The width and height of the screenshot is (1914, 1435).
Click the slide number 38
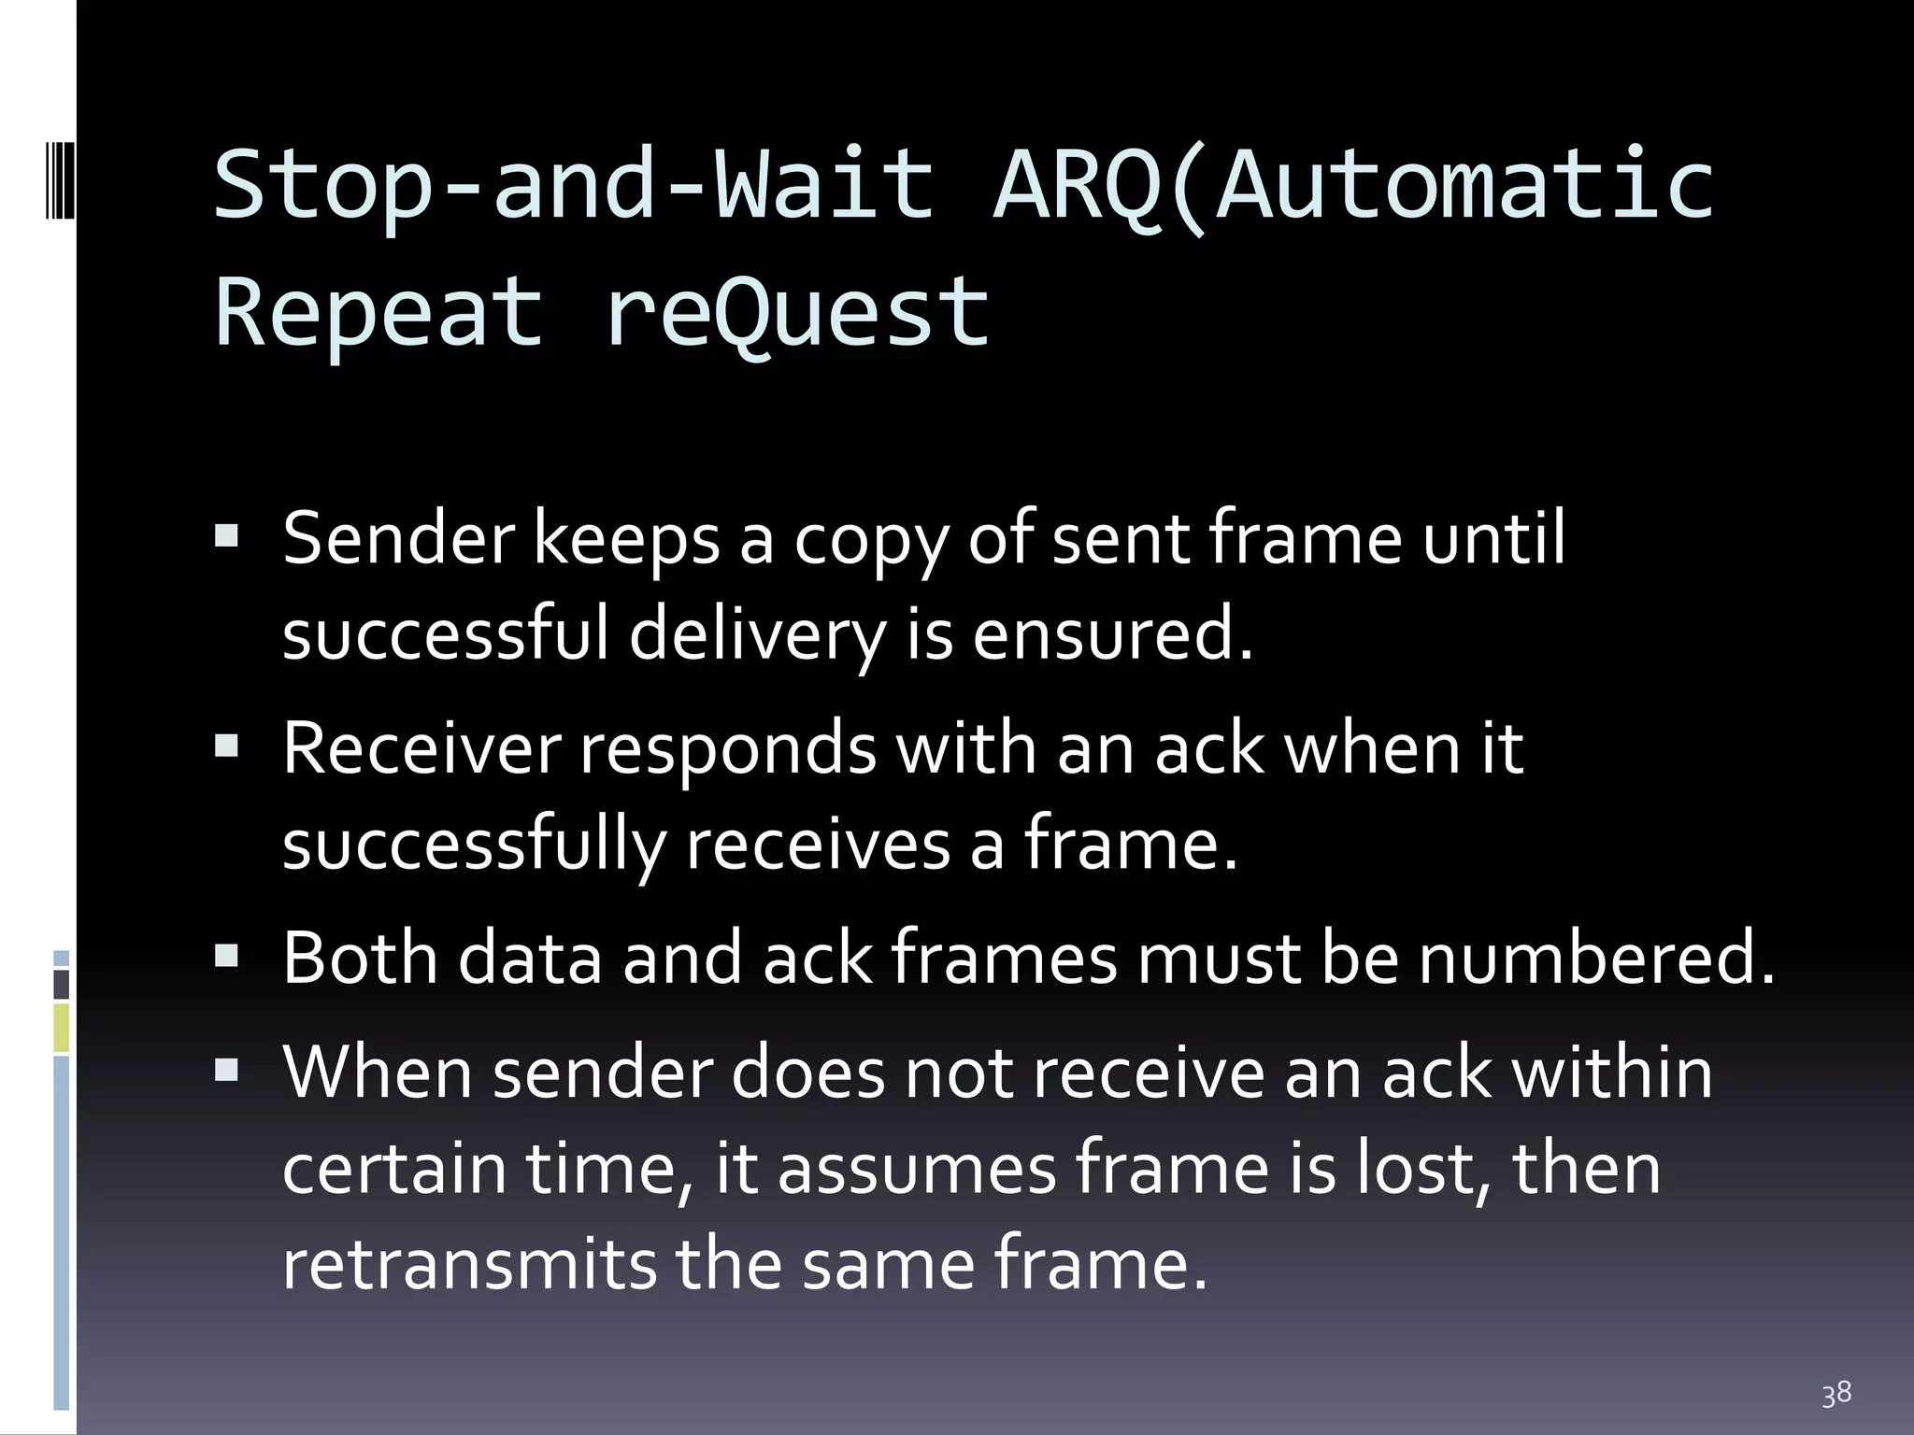(x=1835, y=1394)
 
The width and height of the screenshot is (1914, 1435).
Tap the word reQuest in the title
(x=797, y=312)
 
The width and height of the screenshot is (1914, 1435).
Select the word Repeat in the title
(x=379, y=312)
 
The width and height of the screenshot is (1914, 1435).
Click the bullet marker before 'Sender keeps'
(x=226, y=536)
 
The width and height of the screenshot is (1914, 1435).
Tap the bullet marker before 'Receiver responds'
(x=226, y=746)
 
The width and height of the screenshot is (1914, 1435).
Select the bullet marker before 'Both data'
(x=226, y=955)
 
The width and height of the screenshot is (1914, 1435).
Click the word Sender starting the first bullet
(x=398, y=539)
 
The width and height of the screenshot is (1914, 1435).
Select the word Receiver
(x=421, y=748)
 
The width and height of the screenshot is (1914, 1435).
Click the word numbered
(x=1596, y=958)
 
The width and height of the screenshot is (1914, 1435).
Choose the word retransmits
(x=469, y=1264)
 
